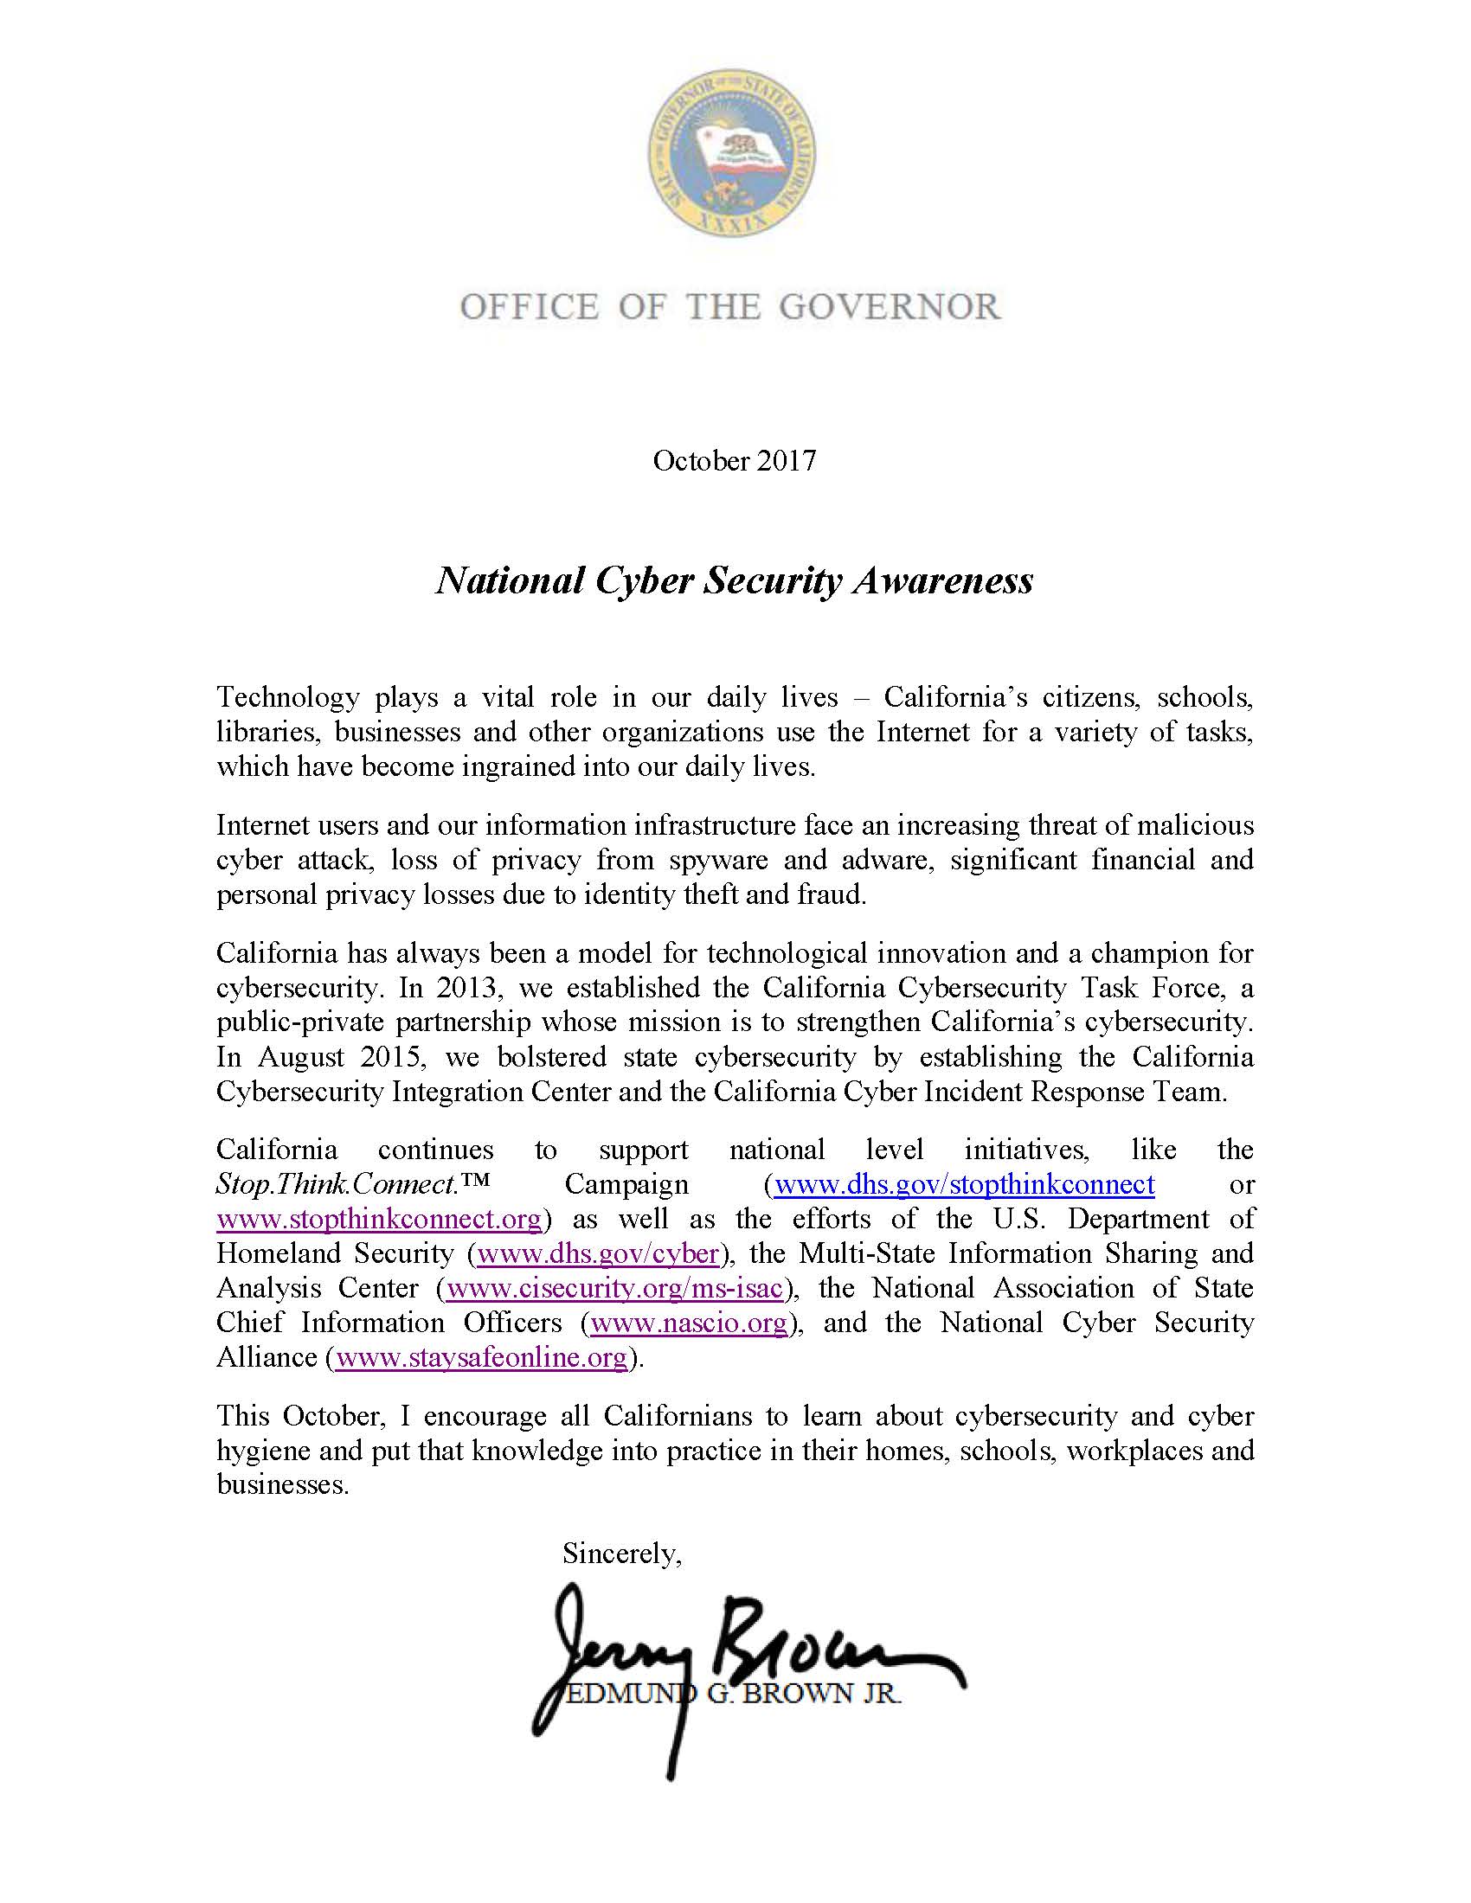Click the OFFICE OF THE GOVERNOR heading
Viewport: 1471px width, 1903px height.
click(x=730, y=308)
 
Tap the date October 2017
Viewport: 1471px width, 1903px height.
click(x=735, y=461)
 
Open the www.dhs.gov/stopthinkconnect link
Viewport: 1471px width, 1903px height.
click(x=964, y=1184)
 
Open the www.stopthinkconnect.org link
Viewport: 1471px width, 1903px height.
click(x=380, y=1218)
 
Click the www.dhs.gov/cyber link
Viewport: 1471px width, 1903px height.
click(x=598, y=1253)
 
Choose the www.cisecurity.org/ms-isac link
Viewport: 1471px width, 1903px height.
click(x=614, y=1288)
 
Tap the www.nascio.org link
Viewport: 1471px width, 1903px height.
click(x=689, y=1323)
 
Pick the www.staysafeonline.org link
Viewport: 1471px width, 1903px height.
click(x=481, y=1357)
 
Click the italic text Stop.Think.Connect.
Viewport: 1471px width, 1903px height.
click(x=337, y=1184)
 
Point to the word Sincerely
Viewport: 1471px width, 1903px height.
click(x=621, y=1554)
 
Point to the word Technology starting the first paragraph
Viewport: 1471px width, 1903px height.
click(x=287, y=698)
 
